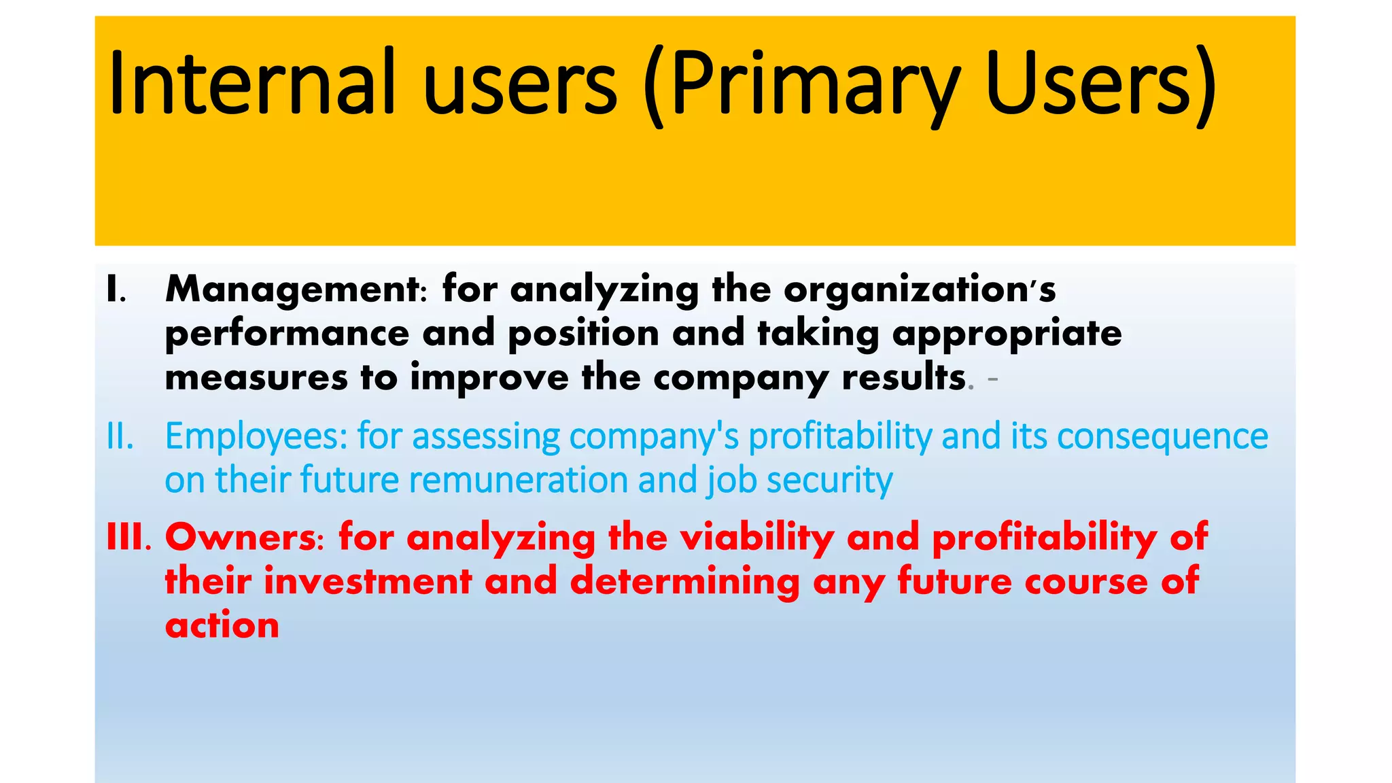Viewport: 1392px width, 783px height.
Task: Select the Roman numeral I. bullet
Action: click(x=116, y=290)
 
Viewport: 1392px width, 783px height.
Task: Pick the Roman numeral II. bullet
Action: click(x=120, y=436)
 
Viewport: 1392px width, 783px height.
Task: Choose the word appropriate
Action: click(x=1007, y=334)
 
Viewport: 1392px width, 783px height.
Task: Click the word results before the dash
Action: click(x=904, y=378)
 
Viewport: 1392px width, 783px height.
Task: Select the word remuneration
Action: click(x=519, y=481)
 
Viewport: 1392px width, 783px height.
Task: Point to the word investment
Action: click(x=368, y=582)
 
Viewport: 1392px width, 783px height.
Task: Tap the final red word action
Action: click(x=222, y=626)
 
